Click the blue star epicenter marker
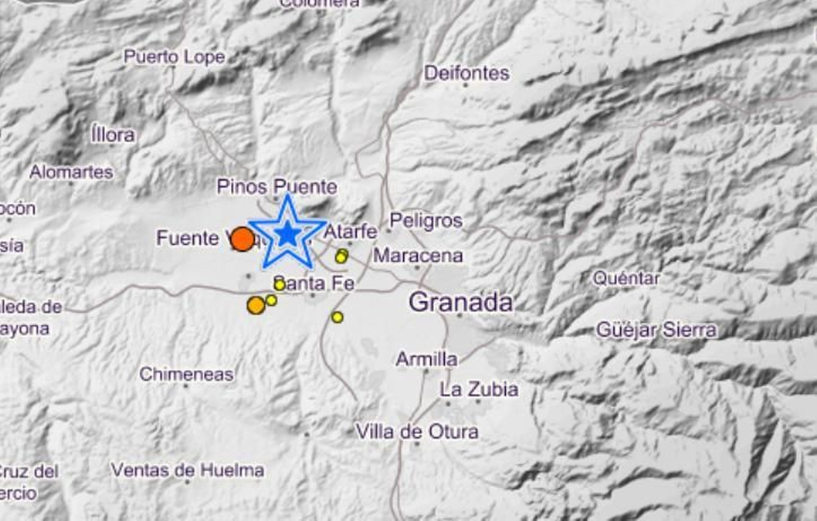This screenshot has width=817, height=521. coord(287,234)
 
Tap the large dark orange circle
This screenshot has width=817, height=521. coord(242,239)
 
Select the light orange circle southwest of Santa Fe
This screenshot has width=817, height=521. coord(256,305)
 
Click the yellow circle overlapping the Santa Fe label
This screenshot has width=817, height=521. coord(279,285)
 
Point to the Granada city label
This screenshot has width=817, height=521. coord(461,302)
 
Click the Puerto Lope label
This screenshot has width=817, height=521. coord(174,57)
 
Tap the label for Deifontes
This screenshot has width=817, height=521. coord(466,73)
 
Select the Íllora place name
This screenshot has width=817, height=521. coord(113,135)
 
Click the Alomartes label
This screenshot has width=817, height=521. coord(71,172)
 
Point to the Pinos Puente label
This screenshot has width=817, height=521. coord(277,186)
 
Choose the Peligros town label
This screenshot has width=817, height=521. coord(426,221)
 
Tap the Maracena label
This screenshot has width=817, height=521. coord(418,255)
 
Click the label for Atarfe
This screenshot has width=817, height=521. coord(351,232)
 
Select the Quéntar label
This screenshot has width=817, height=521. coord(626,278)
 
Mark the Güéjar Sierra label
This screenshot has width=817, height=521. coord(656,330)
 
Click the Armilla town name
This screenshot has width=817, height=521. coord(426,359)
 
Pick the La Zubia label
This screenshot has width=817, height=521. coord(479,390)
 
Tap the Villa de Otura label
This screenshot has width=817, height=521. coord(417,432)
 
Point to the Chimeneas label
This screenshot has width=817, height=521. coord(186,374)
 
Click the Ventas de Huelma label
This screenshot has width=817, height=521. coord(187,470)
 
